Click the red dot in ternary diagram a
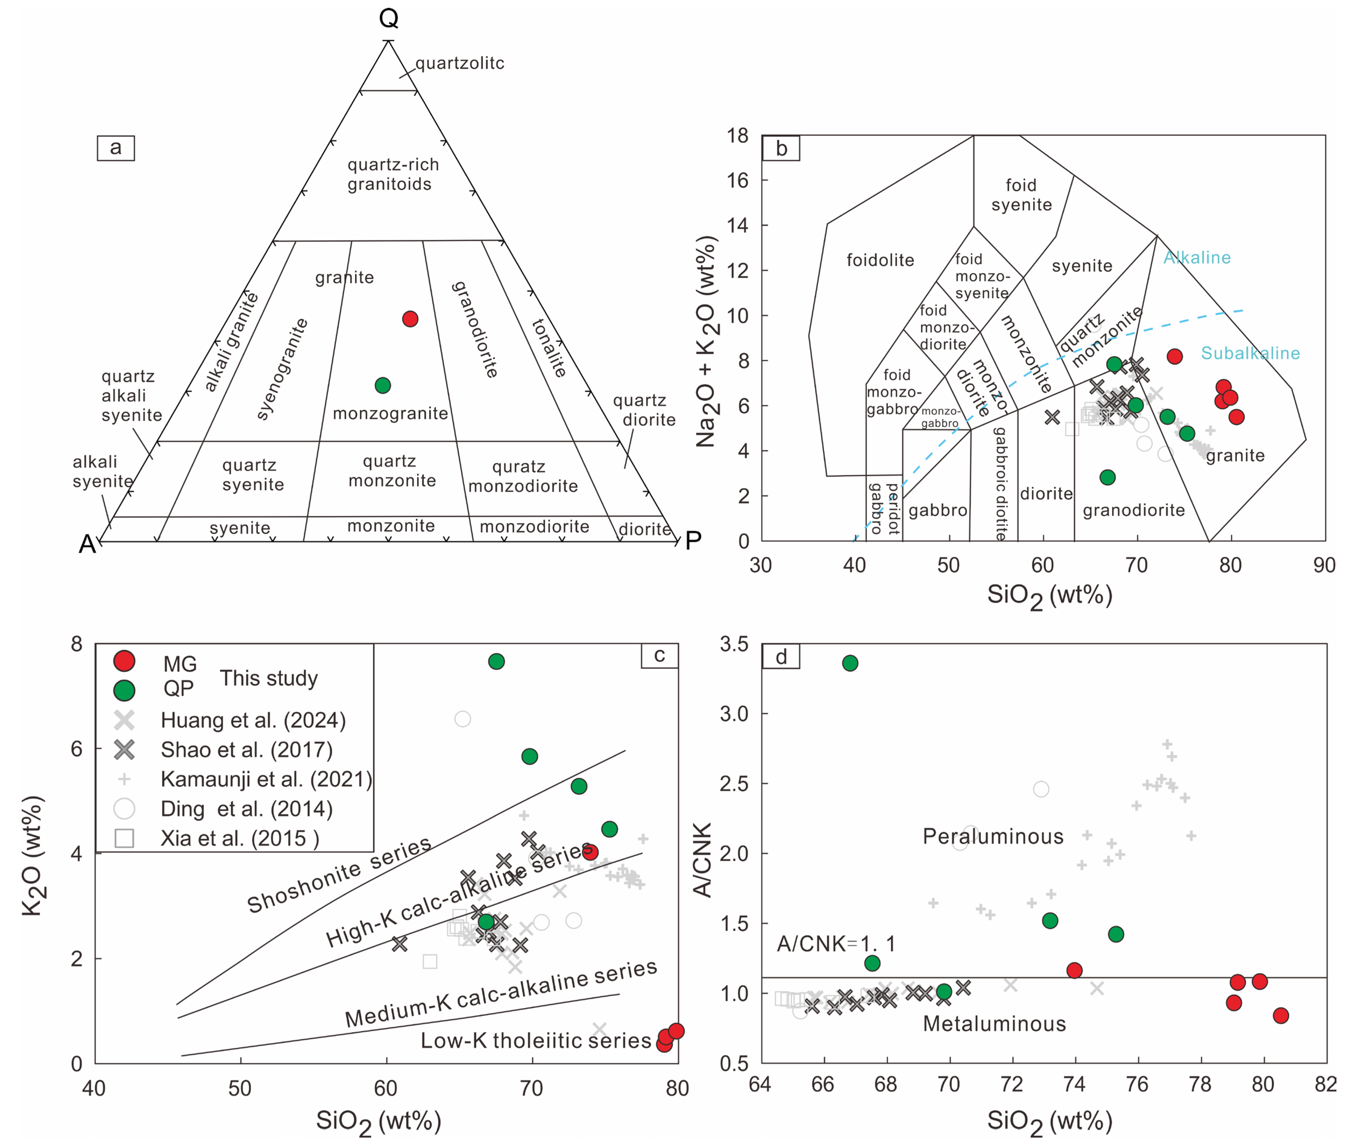point(410,319)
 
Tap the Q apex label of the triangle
point(389,18)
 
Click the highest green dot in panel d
point(850,663)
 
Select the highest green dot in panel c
point(496,661)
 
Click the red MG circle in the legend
point(124,661)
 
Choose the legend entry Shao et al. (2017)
point(246,750)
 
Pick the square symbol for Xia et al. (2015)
point(124,838)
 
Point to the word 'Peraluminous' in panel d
point(993,837)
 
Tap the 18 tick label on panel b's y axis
point(737,136)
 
